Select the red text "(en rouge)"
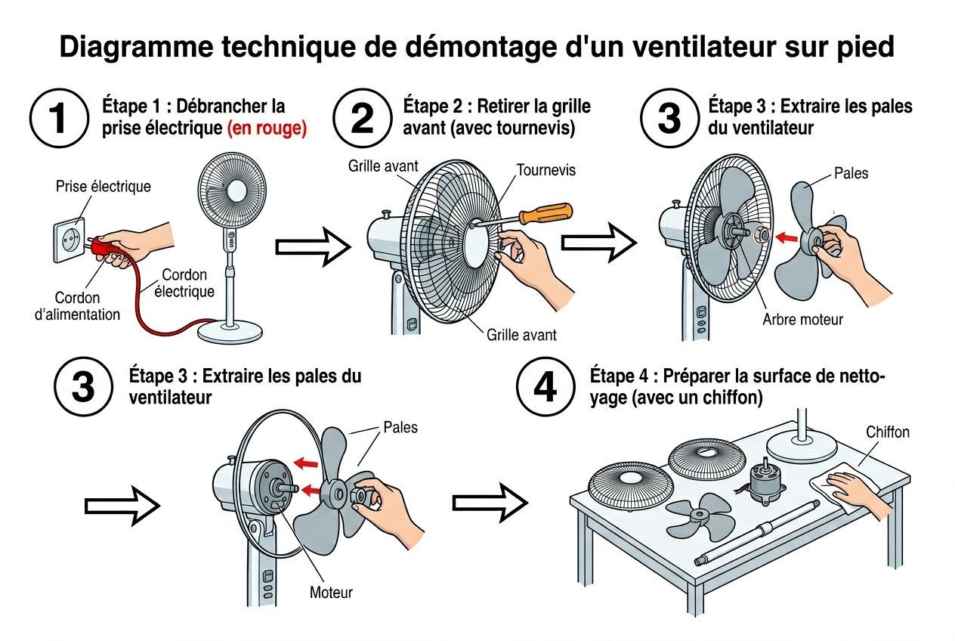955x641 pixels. point(267,129)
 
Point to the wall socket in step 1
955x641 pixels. point(69,239)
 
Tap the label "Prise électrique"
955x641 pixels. point(103,187)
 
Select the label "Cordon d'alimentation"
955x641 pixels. point(77,306)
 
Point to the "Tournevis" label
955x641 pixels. point(545,170)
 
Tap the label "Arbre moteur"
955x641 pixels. point(802,320)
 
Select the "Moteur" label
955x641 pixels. point(331,592)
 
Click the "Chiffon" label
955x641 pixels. point(887,432)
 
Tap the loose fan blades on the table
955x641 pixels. point(700,516)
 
